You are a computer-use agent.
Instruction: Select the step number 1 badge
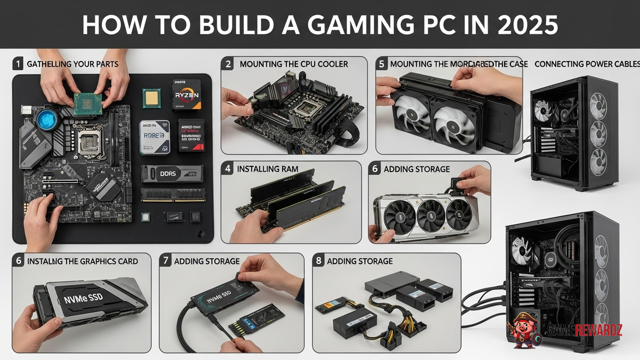(x=18, y=64)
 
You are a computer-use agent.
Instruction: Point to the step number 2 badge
(x=228, y=64)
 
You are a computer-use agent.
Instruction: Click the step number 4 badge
(x=228, y=169)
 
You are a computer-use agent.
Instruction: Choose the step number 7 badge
(x=166, y=261)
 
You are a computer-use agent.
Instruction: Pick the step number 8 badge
(x=319, y=261)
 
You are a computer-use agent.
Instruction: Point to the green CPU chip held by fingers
(x=87, y=103)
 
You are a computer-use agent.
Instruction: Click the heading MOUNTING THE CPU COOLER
(x=293, y=64)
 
